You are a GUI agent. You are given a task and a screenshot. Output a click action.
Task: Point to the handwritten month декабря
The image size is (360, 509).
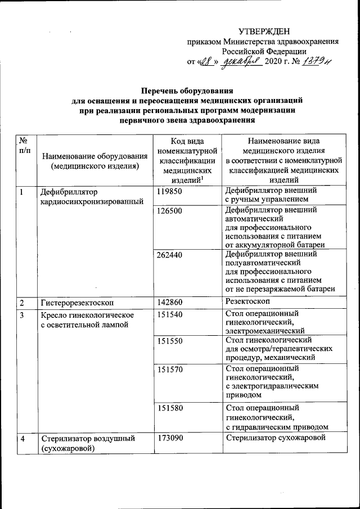click(240, 62)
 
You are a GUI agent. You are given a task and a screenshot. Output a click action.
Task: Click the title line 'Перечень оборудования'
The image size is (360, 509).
click(187, 91)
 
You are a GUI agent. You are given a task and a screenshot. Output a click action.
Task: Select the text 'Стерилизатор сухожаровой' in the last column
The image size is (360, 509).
click(276, 438)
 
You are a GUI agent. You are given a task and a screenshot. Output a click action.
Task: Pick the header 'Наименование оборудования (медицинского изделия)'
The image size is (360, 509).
click(94, 161)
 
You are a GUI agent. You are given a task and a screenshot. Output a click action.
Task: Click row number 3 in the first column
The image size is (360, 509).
click(21, 314)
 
